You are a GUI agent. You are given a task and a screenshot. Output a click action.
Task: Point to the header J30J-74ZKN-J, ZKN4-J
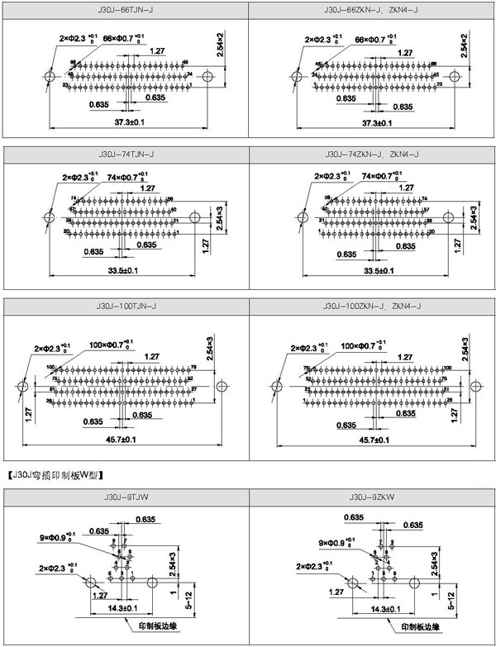click(372, 155)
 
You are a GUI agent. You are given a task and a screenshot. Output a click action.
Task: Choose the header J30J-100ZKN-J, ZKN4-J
click(372, 307)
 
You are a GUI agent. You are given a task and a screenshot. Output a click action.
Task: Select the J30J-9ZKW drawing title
click(372, 497)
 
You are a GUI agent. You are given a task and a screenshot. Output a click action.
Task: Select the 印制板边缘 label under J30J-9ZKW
click(419, 627)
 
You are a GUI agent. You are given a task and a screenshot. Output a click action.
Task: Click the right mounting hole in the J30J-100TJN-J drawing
click(221, 386)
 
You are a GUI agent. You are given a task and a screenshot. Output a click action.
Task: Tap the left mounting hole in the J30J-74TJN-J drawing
click(49, 217)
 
